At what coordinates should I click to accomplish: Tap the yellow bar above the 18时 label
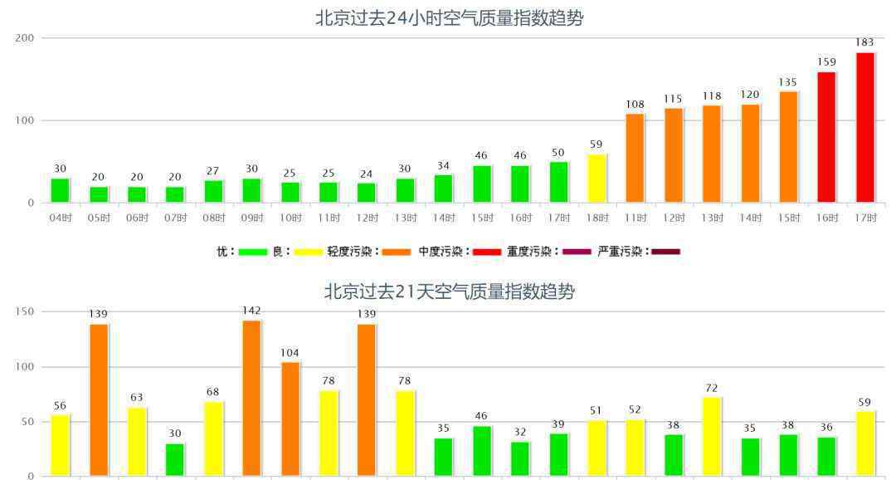[x=596, y=178]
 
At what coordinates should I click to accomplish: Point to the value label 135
[x=788, y=81]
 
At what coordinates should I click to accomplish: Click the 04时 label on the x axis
[x=60, y=218]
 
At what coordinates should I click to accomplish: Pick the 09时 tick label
[x=251, y=218]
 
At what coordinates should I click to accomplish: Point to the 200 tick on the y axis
[x=25, y=38]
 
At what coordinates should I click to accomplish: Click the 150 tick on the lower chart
[x=25, y=311]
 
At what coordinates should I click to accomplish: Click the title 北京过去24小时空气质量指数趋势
[x=449, y=18]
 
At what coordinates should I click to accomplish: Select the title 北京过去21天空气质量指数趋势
[x=449, y=291]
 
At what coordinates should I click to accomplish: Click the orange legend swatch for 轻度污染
[x=397, y=251]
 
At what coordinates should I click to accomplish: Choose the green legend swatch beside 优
[x=252, y=251]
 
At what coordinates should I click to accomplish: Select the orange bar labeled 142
[x=251, y=398]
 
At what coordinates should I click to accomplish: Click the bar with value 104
[x=290, y=419]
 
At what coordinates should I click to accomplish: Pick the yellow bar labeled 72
[x=711, y=436]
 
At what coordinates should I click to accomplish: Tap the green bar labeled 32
[x=519, y=458]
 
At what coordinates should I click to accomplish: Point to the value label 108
[x=635, y=104]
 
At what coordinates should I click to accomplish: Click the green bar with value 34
[x=443, y=189]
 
